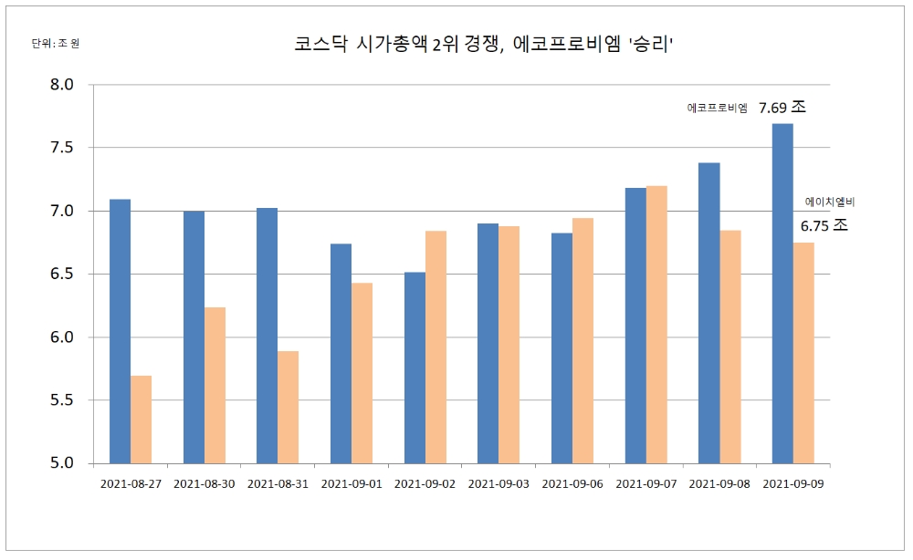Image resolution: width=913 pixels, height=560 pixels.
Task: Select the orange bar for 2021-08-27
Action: coord(141,420)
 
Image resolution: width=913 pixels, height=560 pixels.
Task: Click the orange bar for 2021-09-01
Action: coord(362,373)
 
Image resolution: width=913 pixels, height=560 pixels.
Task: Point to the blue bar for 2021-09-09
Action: coord(782,293)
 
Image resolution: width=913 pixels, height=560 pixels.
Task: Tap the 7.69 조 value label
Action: coord(782,108)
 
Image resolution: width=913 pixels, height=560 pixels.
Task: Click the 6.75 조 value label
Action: coord(824,226)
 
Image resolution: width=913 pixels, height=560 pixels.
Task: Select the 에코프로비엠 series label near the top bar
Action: coord(717,109)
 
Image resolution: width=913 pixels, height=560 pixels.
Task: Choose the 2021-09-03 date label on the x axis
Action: coord(498,483)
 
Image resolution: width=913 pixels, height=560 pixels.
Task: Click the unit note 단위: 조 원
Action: coord(56,43)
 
